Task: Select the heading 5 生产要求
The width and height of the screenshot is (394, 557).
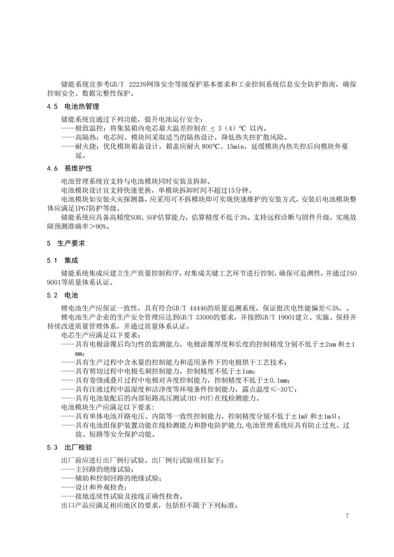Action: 66,243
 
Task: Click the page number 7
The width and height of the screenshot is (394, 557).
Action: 347,516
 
